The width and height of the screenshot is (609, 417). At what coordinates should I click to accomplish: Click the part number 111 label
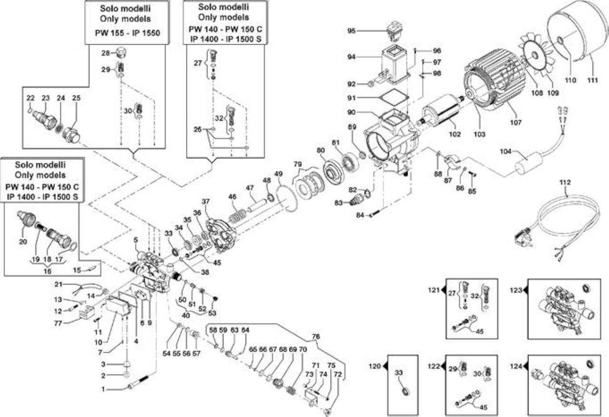[x=593, y=80]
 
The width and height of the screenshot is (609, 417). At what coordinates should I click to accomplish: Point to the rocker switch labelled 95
[x=394, y=31]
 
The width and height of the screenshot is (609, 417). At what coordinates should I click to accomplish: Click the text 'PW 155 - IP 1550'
[x=128, y=33]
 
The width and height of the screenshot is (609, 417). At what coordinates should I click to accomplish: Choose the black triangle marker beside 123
[x=525, y=290]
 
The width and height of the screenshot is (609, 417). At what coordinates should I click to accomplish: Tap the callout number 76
[x=315, y=337]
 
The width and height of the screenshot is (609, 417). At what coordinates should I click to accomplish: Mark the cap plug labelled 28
[x=121, y=52]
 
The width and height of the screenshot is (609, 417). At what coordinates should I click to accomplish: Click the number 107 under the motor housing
[x=516, y=122]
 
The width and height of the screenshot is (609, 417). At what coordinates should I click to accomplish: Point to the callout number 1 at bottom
[x=103, y=389]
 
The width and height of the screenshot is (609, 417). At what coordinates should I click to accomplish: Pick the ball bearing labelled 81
[x=349, y=162]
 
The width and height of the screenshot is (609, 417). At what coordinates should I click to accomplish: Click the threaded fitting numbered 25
[x=71, y=134]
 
